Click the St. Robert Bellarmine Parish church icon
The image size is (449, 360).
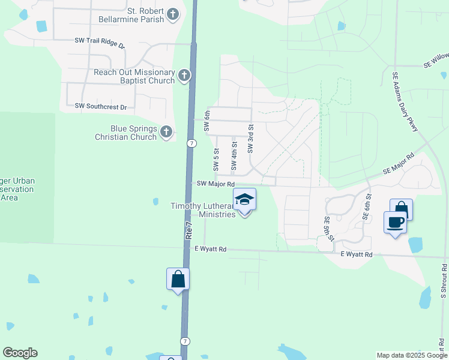[173, 14]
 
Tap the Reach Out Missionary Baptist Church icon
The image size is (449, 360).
[184, 76]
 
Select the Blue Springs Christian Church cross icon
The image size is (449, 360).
[167, 131]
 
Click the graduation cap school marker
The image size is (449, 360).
[244, 199]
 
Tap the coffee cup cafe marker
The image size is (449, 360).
[395, 222]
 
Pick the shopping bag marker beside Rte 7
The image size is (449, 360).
[178, 278]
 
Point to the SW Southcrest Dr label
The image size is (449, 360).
[101, 107]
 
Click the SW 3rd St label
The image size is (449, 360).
[251, 138]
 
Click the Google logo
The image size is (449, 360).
[20, 353]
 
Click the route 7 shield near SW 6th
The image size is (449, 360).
[190, 143]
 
